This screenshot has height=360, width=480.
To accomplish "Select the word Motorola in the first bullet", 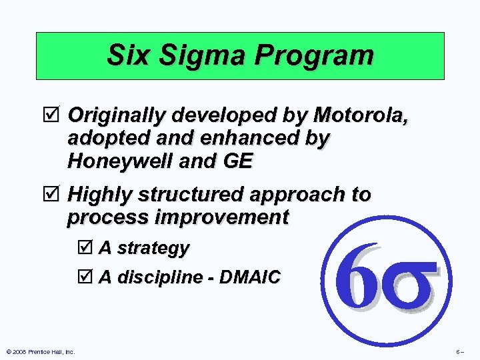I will pos(361,115).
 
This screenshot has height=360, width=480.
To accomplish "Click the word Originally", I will pos(117,115).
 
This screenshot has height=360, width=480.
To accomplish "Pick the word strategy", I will pos(153,249).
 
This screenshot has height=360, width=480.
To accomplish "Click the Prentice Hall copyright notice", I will pos(39,352).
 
